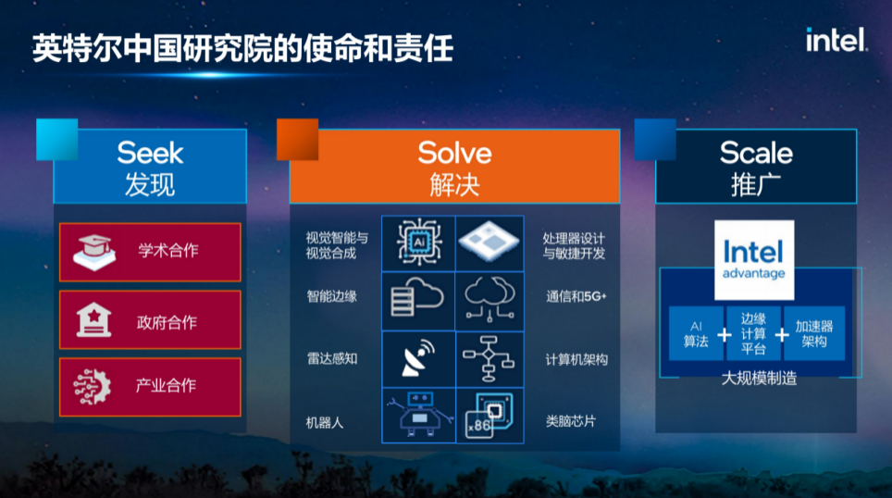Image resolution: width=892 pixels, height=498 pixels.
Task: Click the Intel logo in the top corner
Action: coord(836,40)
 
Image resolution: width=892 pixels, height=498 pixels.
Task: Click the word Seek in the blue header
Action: coord(150,152)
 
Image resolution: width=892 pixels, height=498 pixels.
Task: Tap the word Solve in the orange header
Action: coord(454,152)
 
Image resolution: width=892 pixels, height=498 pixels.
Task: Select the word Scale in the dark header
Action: coord(756,152)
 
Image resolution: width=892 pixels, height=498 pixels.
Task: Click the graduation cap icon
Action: coord(94,251)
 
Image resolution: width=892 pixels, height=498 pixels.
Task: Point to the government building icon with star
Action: coord(94,319)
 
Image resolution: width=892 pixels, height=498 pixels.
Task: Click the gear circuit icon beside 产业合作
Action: coord(94,385)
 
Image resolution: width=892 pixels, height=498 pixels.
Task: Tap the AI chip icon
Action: coord(418,243)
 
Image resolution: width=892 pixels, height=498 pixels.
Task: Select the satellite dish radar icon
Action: coord(418,359)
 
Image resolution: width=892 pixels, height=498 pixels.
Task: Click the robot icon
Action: coord(418,415)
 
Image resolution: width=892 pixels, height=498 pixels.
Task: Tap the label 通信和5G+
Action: coord(576,296)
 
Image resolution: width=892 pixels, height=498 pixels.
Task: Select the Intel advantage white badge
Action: coord(754,259)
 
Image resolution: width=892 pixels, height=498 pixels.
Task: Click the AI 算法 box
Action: coord(696,333)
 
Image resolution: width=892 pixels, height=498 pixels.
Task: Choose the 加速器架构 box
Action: coord(814,333)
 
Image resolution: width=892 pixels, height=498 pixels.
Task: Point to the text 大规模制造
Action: coord(759,379)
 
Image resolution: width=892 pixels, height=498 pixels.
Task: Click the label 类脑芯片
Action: coord(571,421)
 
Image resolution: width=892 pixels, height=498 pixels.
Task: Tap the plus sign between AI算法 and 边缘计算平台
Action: coord(725,334)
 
